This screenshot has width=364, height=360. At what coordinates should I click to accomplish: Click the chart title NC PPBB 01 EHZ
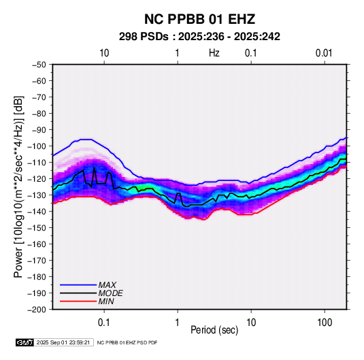(199, 19)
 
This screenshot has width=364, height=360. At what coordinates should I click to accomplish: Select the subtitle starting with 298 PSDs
(199, 37)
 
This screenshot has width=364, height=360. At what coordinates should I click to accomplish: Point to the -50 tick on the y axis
(39, 65)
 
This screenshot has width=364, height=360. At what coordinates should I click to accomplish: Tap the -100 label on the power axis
(37, 146)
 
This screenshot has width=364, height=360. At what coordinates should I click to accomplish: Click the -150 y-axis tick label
(37, 228)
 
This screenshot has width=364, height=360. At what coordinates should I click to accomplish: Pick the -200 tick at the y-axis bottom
(37, 310)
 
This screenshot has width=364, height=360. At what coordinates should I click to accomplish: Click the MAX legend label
(107, 285)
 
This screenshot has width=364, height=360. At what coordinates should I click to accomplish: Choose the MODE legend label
(110, 293)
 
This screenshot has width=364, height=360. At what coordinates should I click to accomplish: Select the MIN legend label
(106, 301)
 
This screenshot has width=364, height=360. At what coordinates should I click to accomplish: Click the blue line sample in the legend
(78, 285)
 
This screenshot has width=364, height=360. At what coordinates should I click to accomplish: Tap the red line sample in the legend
(78, 301)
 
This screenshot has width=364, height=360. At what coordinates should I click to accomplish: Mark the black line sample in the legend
(78, 293)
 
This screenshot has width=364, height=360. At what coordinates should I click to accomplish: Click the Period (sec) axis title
(214, 330)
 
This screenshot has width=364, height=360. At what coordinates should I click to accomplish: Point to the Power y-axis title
(18, 187)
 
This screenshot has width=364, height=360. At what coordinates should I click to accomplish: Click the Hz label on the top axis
(214, 53)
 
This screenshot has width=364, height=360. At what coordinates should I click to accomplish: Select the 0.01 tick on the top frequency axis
(324, 53)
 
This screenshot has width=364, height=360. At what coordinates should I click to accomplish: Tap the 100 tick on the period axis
(325, 323)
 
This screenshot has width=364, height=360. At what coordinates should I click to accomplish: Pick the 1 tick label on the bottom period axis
(177, 323)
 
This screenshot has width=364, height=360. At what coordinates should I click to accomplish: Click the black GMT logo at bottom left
(25, 342)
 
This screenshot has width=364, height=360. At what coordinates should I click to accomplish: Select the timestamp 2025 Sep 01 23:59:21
(63, 342)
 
